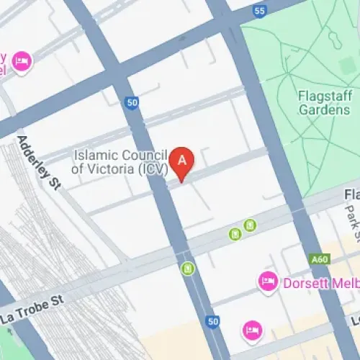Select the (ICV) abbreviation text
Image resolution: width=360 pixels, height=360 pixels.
tap(154, 170)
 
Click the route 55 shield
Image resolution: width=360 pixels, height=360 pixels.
tap(259, 11)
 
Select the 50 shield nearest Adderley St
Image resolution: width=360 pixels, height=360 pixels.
tap(132, 104)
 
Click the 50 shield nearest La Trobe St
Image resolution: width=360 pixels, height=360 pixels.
tap(212, 320)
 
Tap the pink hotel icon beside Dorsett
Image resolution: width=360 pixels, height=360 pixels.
tap(267, 280)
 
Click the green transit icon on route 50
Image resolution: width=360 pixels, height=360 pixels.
tap(188, 269)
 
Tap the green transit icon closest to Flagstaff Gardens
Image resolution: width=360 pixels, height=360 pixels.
tap(250, 225)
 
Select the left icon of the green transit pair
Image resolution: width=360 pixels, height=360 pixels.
tap(235, 233)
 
